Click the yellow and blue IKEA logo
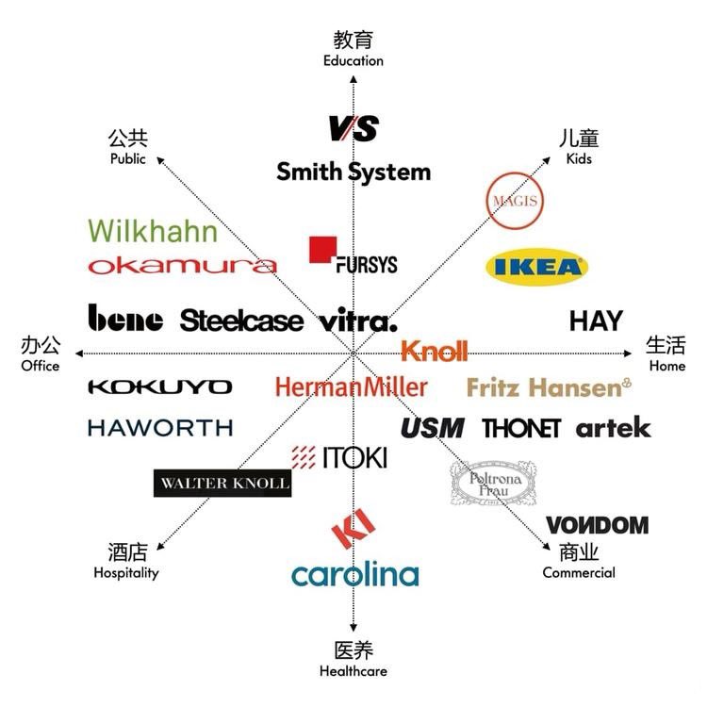[536, 268]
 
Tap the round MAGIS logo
[517, 201]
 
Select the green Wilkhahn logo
[153, 231]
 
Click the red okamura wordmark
[182, 266]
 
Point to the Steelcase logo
[241, 321]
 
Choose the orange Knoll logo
[434, 352]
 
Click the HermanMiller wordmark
[352, 386]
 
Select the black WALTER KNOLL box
[222, 483]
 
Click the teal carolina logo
[354, 574]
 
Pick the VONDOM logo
[597, 525]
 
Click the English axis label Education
[353, 61]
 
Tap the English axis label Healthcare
[353, 671]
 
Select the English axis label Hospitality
[126, 572]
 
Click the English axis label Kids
[579, 158]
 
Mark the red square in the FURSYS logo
[322, 249]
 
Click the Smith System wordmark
[353, 173]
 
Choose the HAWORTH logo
[160, 428]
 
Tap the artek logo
[613, 428]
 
